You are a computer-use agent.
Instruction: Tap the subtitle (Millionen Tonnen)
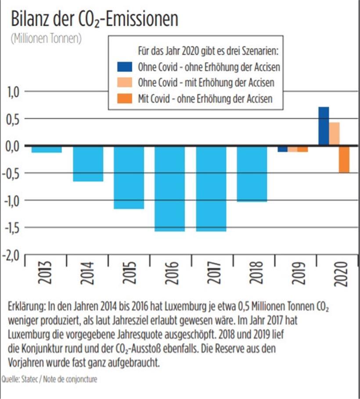[46, 38]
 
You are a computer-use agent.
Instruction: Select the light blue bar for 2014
[88, 163]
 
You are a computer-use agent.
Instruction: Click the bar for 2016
[170, 189]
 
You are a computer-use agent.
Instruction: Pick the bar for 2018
[252, 174]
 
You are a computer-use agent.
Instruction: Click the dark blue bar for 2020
[324, 127]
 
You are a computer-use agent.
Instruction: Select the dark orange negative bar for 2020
[344, 160]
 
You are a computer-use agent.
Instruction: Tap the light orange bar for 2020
[334, 134]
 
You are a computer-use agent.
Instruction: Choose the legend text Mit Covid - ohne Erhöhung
[205, 98]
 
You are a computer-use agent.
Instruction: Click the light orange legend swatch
[124, 83]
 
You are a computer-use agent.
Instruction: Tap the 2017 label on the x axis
[211, 273]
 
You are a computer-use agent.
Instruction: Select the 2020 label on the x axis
[340, 273]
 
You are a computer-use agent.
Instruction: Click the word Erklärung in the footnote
[27, 306]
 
